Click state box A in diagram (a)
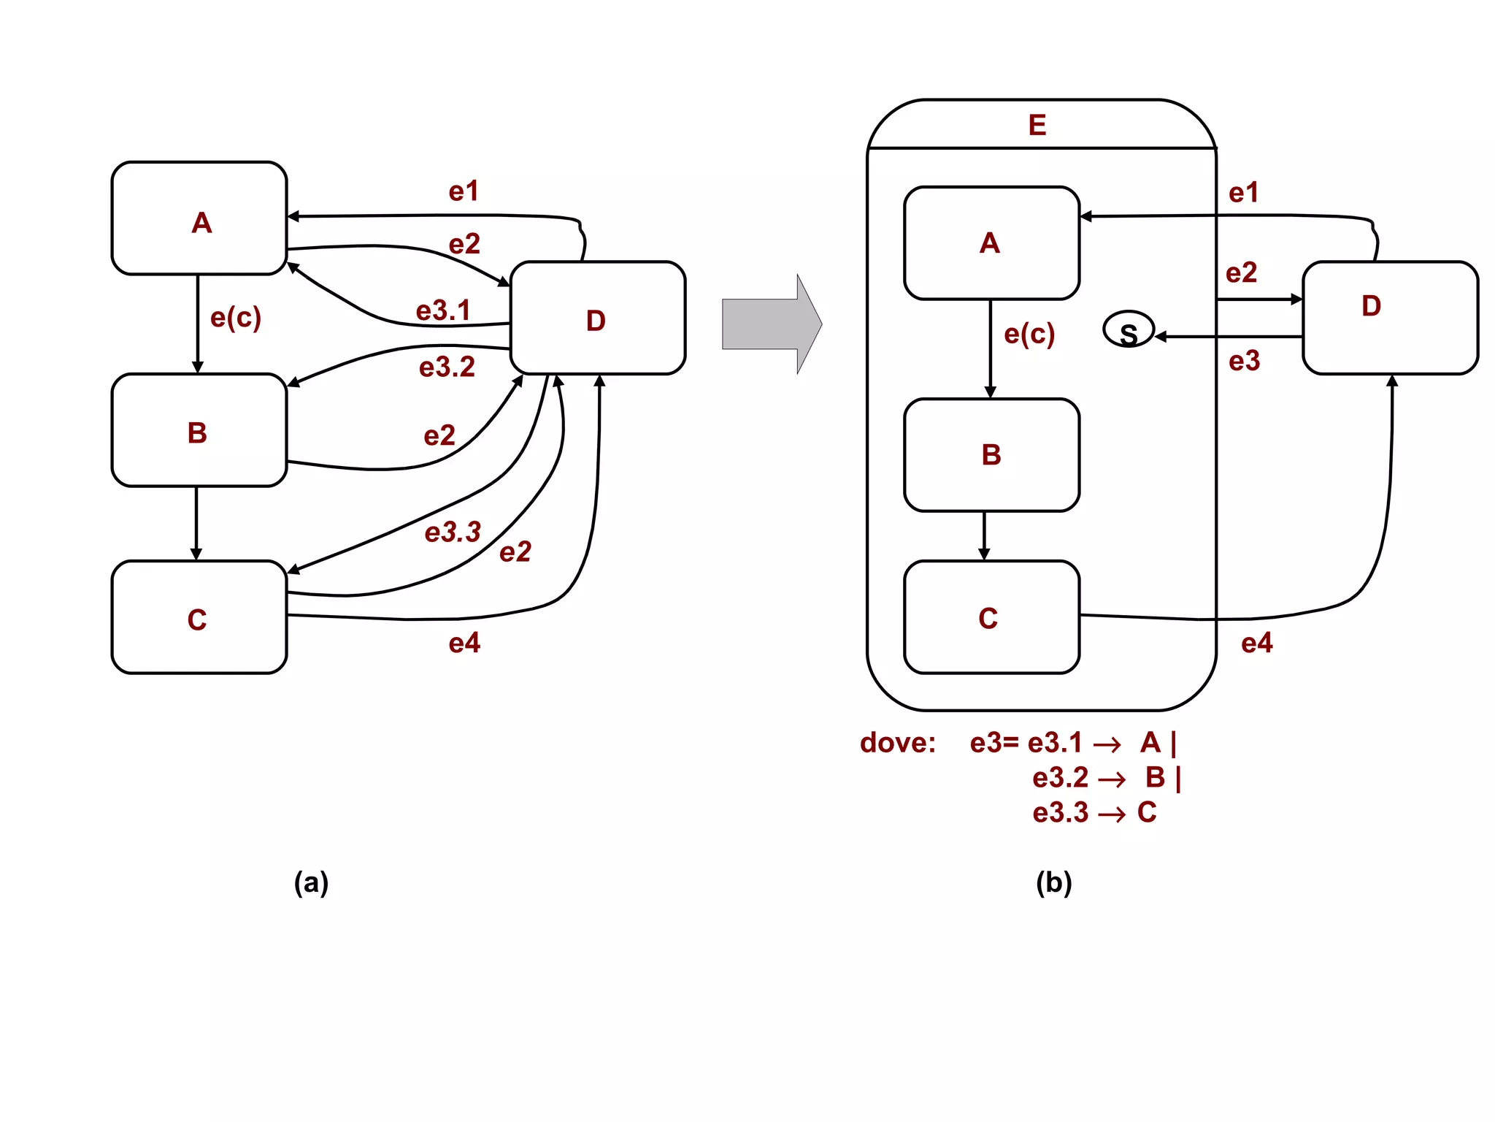click(199, 218)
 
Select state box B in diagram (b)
click(991, 454)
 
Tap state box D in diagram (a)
click(597, 318)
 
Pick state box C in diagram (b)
click(991, 617)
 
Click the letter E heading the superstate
click(1037, 125)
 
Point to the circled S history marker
click(1128, 331)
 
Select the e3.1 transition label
click(443, 310)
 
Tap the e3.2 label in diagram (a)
click(447, 367)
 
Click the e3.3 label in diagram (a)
click(453, 532)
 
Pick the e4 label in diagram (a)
click(464, 643)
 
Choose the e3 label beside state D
click(1244, 361)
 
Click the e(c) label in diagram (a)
click(235, 318)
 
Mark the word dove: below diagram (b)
click(897, 743)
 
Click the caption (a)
click(311, 882)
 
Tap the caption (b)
click(1053, 882)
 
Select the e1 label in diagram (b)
click(1243, 193)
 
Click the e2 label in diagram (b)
click(1241, 272)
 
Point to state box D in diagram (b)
click(1389, 318)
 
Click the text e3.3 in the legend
click(1060, 812)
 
